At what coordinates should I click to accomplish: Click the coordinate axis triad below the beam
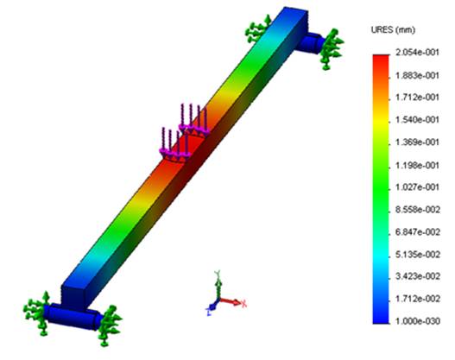point(221,295)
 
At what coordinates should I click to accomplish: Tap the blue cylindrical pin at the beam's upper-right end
point(312,39)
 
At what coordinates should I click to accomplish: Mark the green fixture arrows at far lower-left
point(35,311)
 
